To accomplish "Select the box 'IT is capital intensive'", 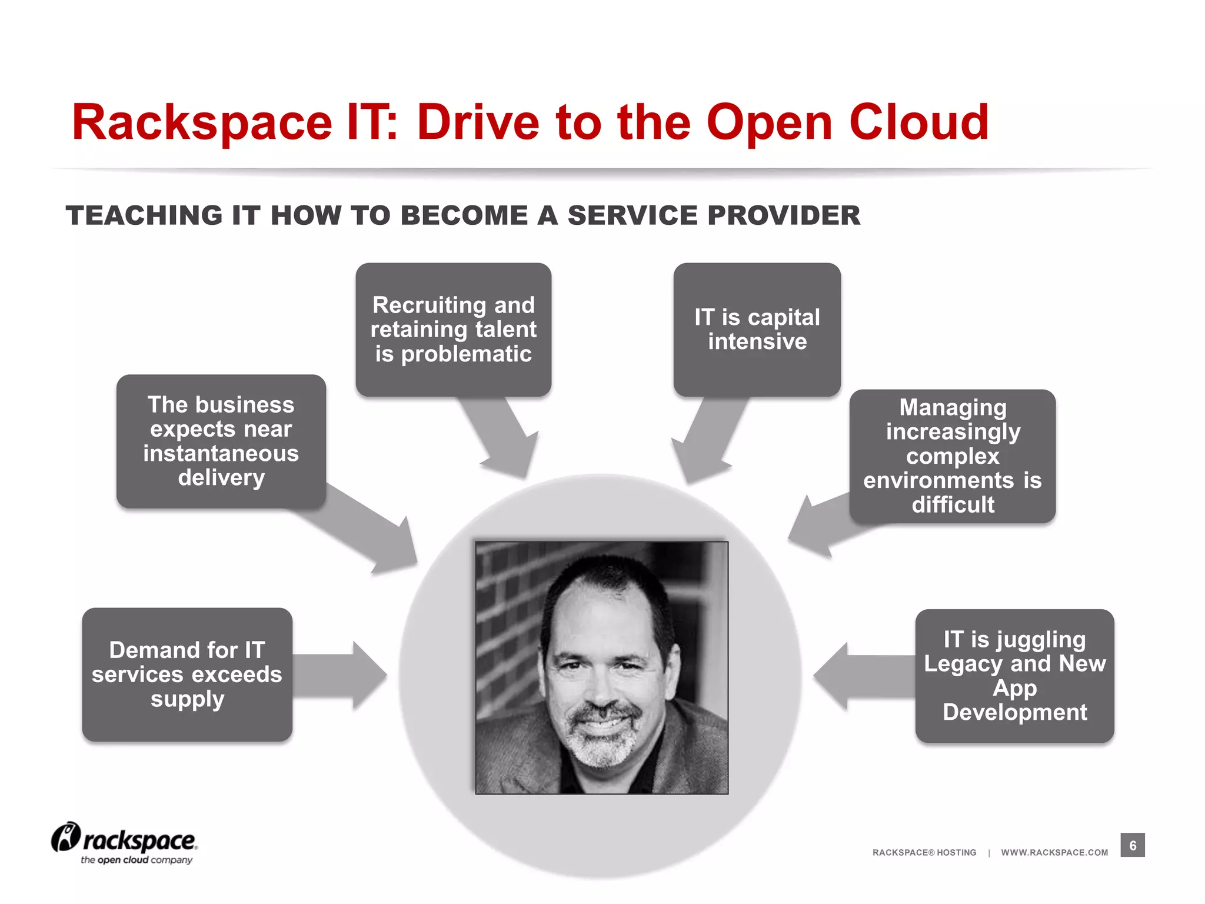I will (757, 329).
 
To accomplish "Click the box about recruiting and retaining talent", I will (453, 329).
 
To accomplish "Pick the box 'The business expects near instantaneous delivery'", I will (221, 441).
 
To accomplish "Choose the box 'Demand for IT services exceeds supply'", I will (187, 674).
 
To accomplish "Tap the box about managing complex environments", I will (952, 456).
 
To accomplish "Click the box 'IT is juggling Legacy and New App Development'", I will (1014, 676).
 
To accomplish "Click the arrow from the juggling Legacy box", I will (859, 676).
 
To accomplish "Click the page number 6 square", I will (1132, 845).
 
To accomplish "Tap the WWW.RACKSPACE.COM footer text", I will (1054, 852).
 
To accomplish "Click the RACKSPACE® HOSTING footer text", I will (924, 852).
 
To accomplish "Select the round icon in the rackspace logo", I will (65, 836).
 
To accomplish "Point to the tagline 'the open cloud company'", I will (137, 860).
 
